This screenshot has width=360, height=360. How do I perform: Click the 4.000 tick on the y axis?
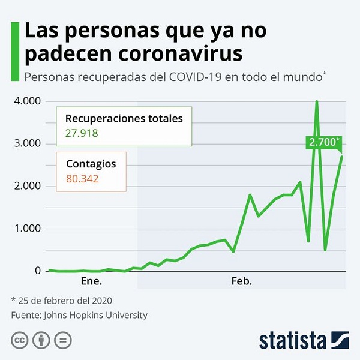pyautogui.click(x=28, y=101)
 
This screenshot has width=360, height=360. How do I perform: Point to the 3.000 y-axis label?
pyautogui.click(x=28, y=144)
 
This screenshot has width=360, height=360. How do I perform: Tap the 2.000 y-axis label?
pyautogui.click(x=28, y=187)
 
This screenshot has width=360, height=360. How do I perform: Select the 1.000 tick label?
pyautogui.click(x=28, y=229)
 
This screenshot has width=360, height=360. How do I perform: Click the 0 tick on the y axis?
pyautogui.click(x=37, y=271)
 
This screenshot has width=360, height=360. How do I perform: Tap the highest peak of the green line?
pyautogui.click(x=316, y=102)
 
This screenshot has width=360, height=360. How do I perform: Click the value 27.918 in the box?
pyautogui.click(x=81, y=133)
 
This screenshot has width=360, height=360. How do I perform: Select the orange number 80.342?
pyautogui.click(x=81, y=178)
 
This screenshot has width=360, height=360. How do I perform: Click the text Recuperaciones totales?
pyautogui.click(x=123, y=118)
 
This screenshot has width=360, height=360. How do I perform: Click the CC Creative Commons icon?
pyautogui.click(x=20, y=340)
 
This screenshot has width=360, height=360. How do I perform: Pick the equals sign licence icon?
pyautogui.click(x=62, y=340)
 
